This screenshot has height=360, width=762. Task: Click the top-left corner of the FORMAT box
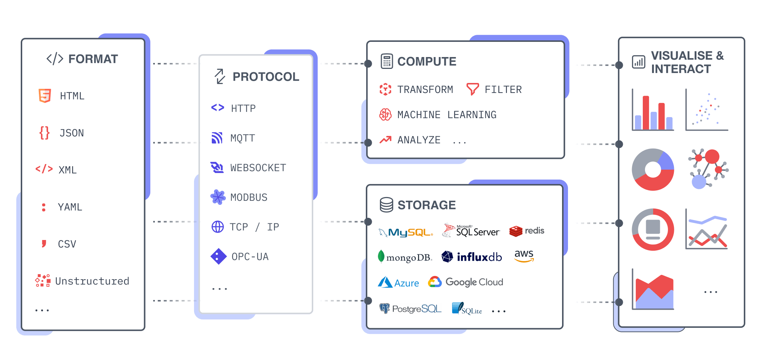[22, 39]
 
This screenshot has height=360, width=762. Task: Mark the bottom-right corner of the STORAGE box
[563, 328]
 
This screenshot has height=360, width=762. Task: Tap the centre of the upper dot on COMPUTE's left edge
[368, 64]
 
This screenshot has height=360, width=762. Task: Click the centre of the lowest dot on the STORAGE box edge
[368, 301]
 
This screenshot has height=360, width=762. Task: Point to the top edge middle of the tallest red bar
[646, 96]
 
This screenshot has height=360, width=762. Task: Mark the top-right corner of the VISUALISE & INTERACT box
[744, 38]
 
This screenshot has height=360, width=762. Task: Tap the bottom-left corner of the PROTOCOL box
[200, 313]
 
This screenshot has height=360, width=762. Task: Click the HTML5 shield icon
[45, 96]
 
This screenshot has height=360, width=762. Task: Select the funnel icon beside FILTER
[472, 89]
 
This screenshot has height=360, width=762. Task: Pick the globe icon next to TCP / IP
[218, 227]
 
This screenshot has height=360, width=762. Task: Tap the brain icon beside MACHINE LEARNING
[385, 114]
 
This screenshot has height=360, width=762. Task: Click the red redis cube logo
[516, 231]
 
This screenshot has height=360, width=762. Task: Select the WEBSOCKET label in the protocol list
[258, 168]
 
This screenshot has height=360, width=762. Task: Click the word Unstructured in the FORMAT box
[92, 281]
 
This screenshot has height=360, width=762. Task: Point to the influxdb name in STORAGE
[479, 257]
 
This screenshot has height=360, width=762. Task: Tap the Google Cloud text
[474, 282]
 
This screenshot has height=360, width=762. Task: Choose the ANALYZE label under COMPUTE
[419, 140]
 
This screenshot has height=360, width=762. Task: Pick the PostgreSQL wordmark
[417, 309]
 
